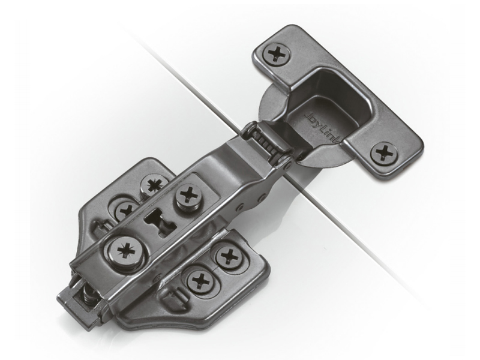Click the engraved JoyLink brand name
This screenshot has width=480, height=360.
pos(322,128)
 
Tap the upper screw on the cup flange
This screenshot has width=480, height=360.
pos(277,54)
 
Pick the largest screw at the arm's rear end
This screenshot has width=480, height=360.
pos(126,250)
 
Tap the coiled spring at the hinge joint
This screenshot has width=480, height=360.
pos(268,142)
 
